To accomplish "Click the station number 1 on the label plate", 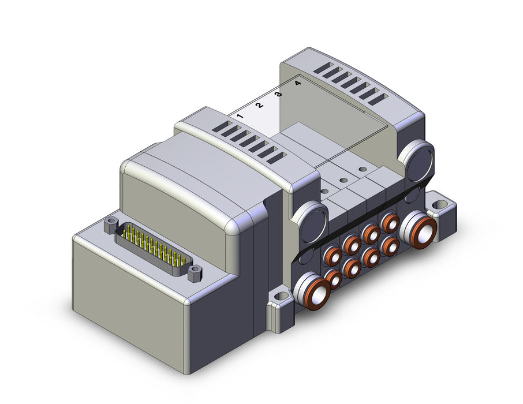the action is coord(240,116).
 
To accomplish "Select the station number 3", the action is coord(278,93).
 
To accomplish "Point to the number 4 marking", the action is coord(298,83).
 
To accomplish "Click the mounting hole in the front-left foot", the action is coord(282,296).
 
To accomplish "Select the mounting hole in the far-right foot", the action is coord(440,204).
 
